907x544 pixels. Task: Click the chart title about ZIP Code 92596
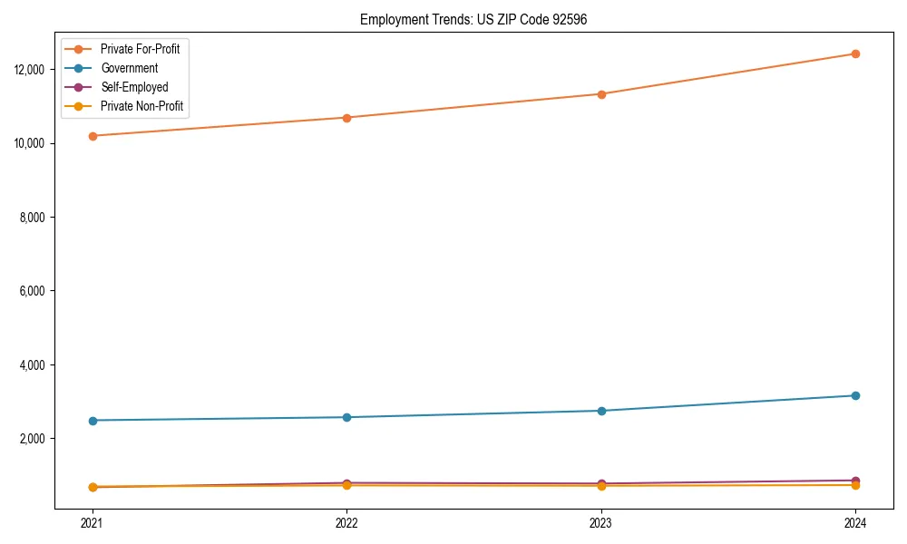[x=473, y=20]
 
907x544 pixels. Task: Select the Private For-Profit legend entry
[x=140, y=49]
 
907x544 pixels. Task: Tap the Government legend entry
[x=129, y=68]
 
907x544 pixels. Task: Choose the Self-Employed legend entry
[x=134, y=87]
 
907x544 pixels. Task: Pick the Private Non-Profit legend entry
[x=141, y=106]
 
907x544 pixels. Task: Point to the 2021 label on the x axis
[x=92, y=523]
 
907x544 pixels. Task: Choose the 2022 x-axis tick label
[x=346, y=523]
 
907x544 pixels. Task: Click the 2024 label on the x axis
[x=855, y=523]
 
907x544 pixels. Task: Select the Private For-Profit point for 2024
[x=855, y=53]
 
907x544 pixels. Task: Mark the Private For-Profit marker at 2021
[x=92, y=136]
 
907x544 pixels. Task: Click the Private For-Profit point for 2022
[x=346, y=118]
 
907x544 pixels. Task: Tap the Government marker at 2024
[x=855, y=395]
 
